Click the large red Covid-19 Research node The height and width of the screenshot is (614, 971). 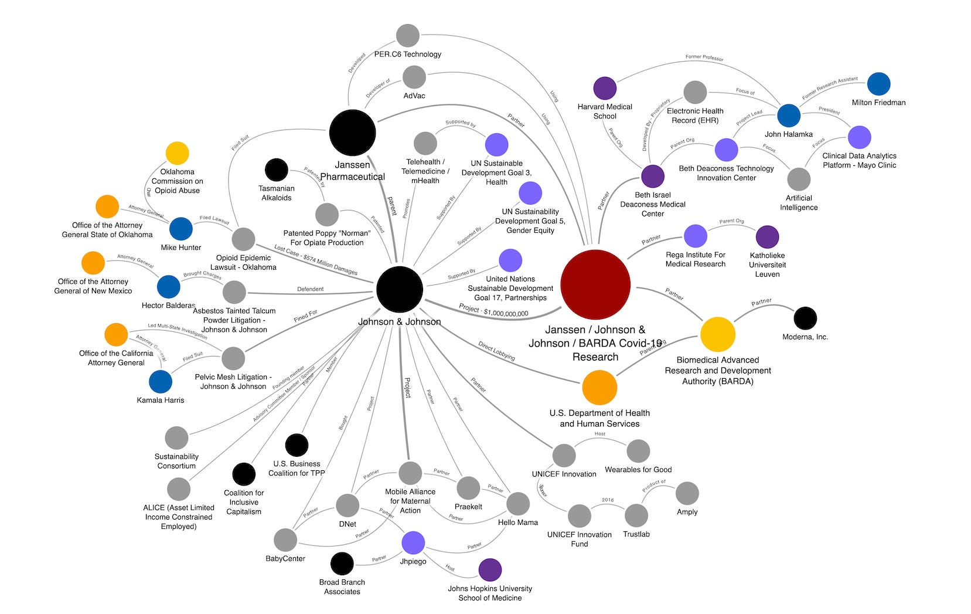click(595, 284)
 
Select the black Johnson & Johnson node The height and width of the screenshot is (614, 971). click(400, 289)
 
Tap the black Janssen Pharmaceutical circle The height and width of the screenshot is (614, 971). click(352, 133)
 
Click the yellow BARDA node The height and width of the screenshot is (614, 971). click(717, 334)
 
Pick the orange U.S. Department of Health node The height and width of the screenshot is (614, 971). click(599, 388)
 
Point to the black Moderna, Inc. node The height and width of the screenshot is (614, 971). click(805, 318)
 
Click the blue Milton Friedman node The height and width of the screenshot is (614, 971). click(878, 84)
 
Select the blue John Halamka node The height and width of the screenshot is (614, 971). click(789, 116)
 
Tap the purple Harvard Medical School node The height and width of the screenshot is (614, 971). click(605, 89)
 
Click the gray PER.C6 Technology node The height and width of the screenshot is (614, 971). click(407, 36)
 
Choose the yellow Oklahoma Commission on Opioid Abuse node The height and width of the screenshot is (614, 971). click(177, 153)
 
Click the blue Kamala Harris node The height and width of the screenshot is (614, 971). click(161, 382)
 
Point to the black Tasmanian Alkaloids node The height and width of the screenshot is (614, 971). click(276, 170)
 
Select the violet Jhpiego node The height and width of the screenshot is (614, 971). click(413, 543)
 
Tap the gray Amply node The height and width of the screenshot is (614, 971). click(687, 494)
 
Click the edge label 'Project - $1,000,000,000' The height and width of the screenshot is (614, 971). click(493, 311)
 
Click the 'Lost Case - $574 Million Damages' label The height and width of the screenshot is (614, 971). click(316, 260)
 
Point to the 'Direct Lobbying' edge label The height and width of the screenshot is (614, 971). click(496, 351)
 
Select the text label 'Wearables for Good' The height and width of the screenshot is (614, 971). click(638, 470)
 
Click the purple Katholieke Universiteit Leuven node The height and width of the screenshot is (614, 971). click(767, 237)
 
